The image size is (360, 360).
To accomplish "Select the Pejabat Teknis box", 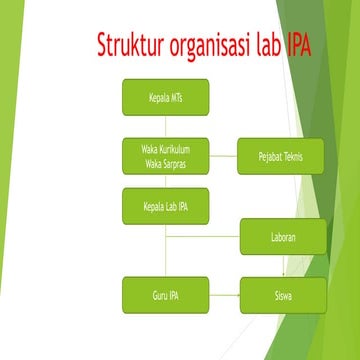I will point(281,156).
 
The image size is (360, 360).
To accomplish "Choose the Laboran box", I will point(283,236).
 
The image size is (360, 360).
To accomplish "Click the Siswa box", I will point(283,295).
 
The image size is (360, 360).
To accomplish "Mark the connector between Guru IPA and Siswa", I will point(224,295).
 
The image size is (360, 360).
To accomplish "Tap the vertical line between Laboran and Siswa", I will point(283,265).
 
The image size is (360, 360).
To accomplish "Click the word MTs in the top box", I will point(176,97).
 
